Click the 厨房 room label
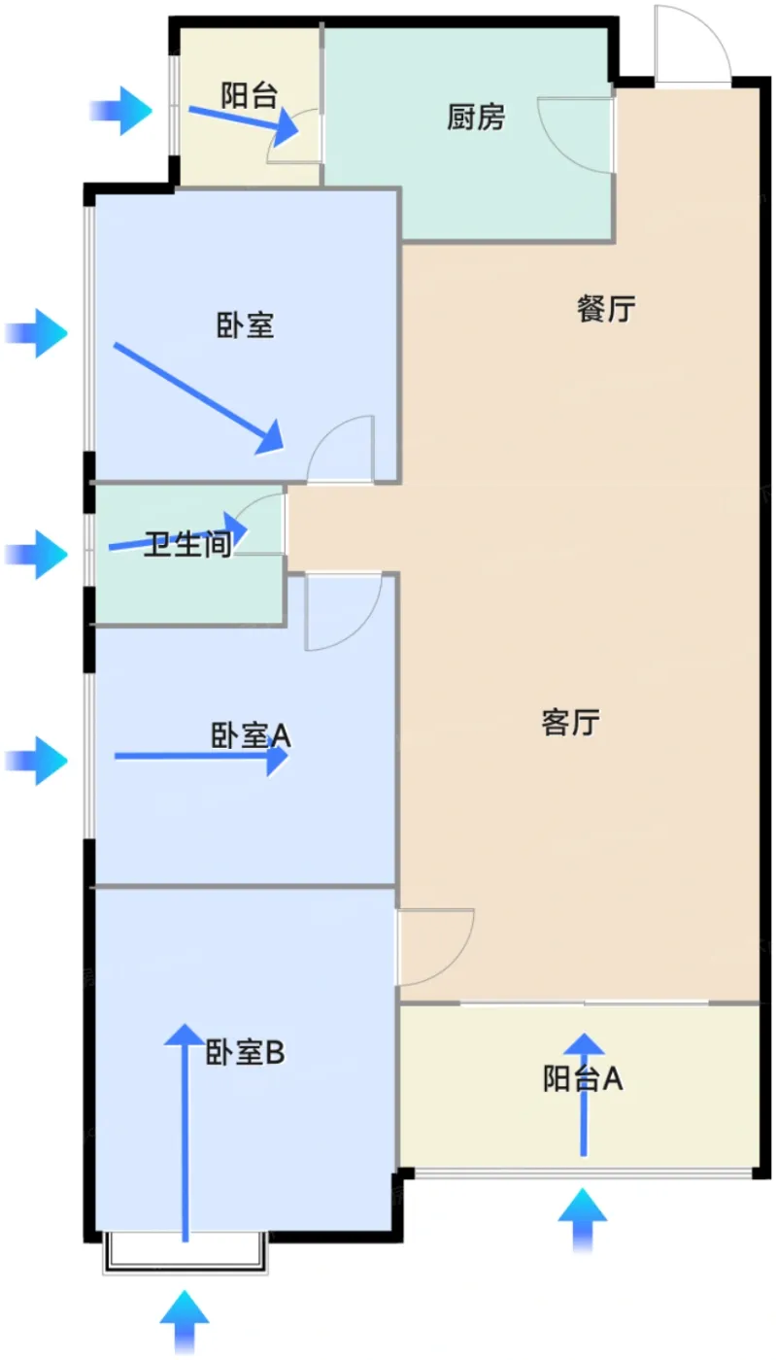(476, 119)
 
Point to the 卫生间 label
(188, 545)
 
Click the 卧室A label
(251, 735)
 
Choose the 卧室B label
(245, 1052)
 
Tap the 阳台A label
(583, 1078)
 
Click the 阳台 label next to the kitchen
(250, 95)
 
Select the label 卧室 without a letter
(245, 325)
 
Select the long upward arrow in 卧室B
(183, 1132)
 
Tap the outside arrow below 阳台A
(583, 1219)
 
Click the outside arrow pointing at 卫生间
(37, 555)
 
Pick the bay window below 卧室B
(185, 1252)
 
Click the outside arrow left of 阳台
(121, 110)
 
